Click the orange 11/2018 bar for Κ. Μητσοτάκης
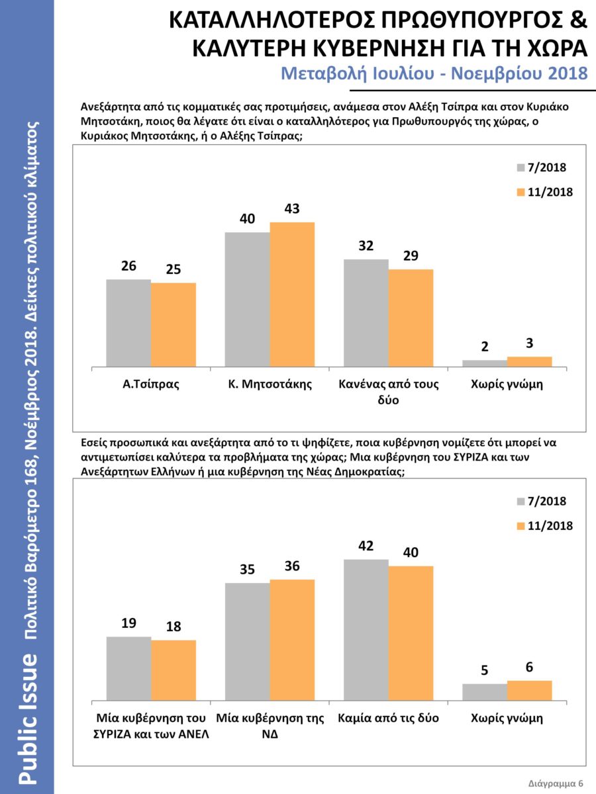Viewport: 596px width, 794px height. pyautogui.click(x=292, y=294)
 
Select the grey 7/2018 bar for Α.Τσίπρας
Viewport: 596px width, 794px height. pyautogui.click(x=128, y=323)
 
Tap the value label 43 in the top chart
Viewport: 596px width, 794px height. pyautogui.click(x=292, y=209)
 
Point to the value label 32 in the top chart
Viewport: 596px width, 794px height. pyautogui.click(x=366, y=246)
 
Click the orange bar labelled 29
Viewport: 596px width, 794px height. pyautogui.click(x=411, y=318)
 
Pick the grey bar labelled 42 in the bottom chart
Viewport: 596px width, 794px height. pyautogui.click(x=366, y=629)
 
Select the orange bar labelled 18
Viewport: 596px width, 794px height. pyautogui.click(x=174, y=670)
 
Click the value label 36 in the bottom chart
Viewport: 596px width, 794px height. pyautogui.click(x=292, y=566)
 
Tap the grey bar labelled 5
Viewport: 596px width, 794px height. pyautogui.click(x=485, y=691)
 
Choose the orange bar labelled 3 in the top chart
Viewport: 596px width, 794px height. pyautogui.click(x=529, y=361)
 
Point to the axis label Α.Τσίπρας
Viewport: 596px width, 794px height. pyautogui.click(x=151, y=384)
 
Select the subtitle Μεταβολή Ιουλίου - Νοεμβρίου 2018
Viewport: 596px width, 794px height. pyautogui.click(x=434, y=72)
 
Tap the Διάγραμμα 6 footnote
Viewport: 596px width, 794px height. pyautogui.click(x=556, y=783)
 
